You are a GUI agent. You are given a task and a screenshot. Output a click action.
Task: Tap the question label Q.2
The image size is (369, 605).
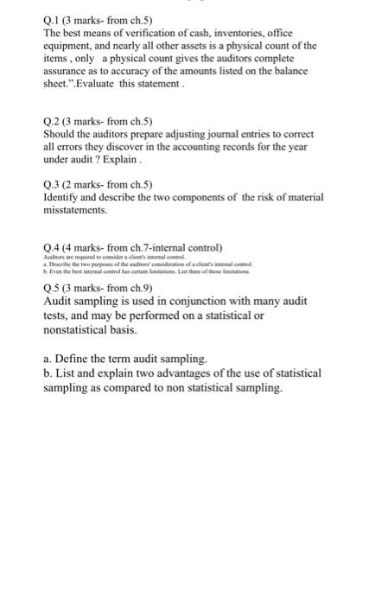click(53, 122)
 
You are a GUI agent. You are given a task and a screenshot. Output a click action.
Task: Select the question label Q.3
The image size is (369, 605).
click(53, 183)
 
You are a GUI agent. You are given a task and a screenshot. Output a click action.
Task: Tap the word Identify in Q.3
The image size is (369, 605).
click(62, 197)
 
